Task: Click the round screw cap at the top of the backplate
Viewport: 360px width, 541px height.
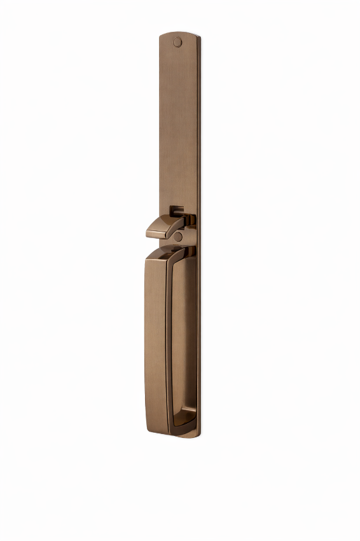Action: tap(177, 43)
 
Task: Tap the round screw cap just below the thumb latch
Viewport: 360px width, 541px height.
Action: tap(178, 237)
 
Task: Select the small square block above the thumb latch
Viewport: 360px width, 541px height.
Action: tap(177, 210)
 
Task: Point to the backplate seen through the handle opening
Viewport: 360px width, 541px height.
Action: tap(184, 337)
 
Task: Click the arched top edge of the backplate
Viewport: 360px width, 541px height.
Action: tap(179, 33)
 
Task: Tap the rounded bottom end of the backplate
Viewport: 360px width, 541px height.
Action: tap(186, 436)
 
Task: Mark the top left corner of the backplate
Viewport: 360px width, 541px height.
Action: tap(160, 37)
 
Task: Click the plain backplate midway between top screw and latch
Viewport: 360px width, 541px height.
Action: tap(179, 127)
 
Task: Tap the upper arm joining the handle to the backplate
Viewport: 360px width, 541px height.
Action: tap(184, 253)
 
